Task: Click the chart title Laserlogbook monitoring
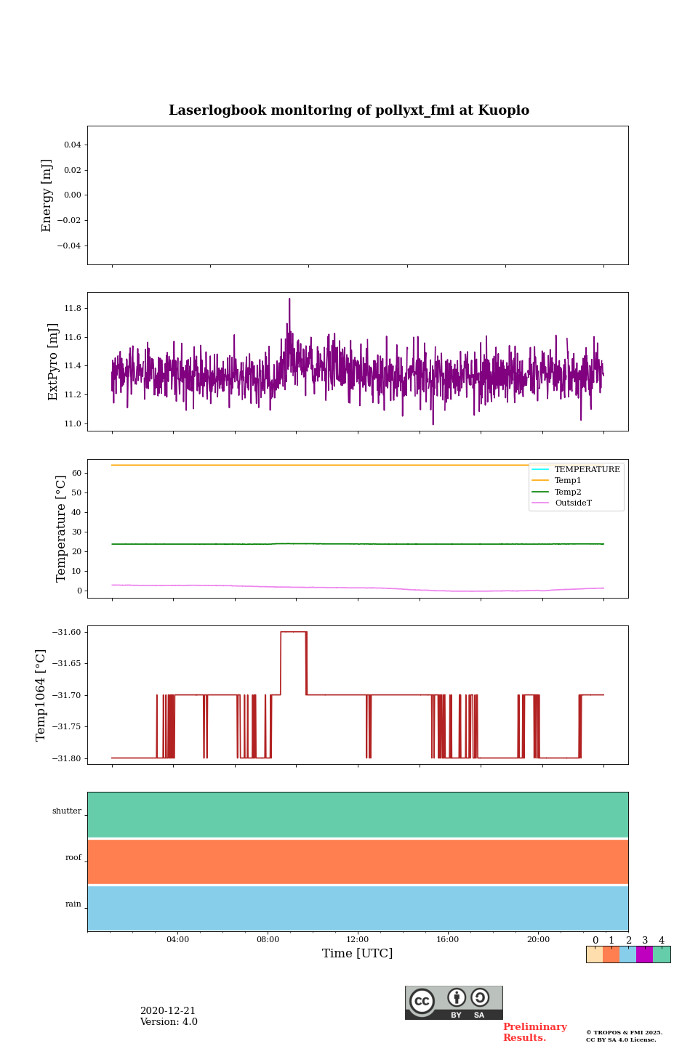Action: tap(349, 110)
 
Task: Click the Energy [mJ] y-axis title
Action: tap(47, 195)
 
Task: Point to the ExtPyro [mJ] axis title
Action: tap(53, 362)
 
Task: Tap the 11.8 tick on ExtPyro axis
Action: tap(73, 309)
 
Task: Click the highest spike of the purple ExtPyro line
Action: tap(289, 299)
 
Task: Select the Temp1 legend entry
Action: tap(568, 481)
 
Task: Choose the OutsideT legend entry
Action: tap(573, 503)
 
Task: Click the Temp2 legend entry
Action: tap(568, 492)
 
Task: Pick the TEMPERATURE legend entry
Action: tap(587, 470)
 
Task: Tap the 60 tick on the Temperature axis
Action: tap(76, 473)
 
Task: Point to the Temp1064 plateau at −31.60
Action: tap(293, 632)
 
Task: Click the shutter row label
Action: tap(67, 811)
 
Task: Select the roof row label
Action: tap(73, 858)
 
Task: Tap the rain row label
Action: tap(73, 904)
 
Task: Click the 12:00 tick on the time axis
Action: tap(358, 939)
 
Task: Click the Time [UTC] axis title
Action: tap(358, 954)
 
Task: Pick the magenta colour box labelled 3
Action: tap(644, 954)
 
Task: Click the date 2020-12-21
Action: tap(168, 1011)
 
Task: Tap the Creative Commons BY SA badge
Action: tap(454, 1002)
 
